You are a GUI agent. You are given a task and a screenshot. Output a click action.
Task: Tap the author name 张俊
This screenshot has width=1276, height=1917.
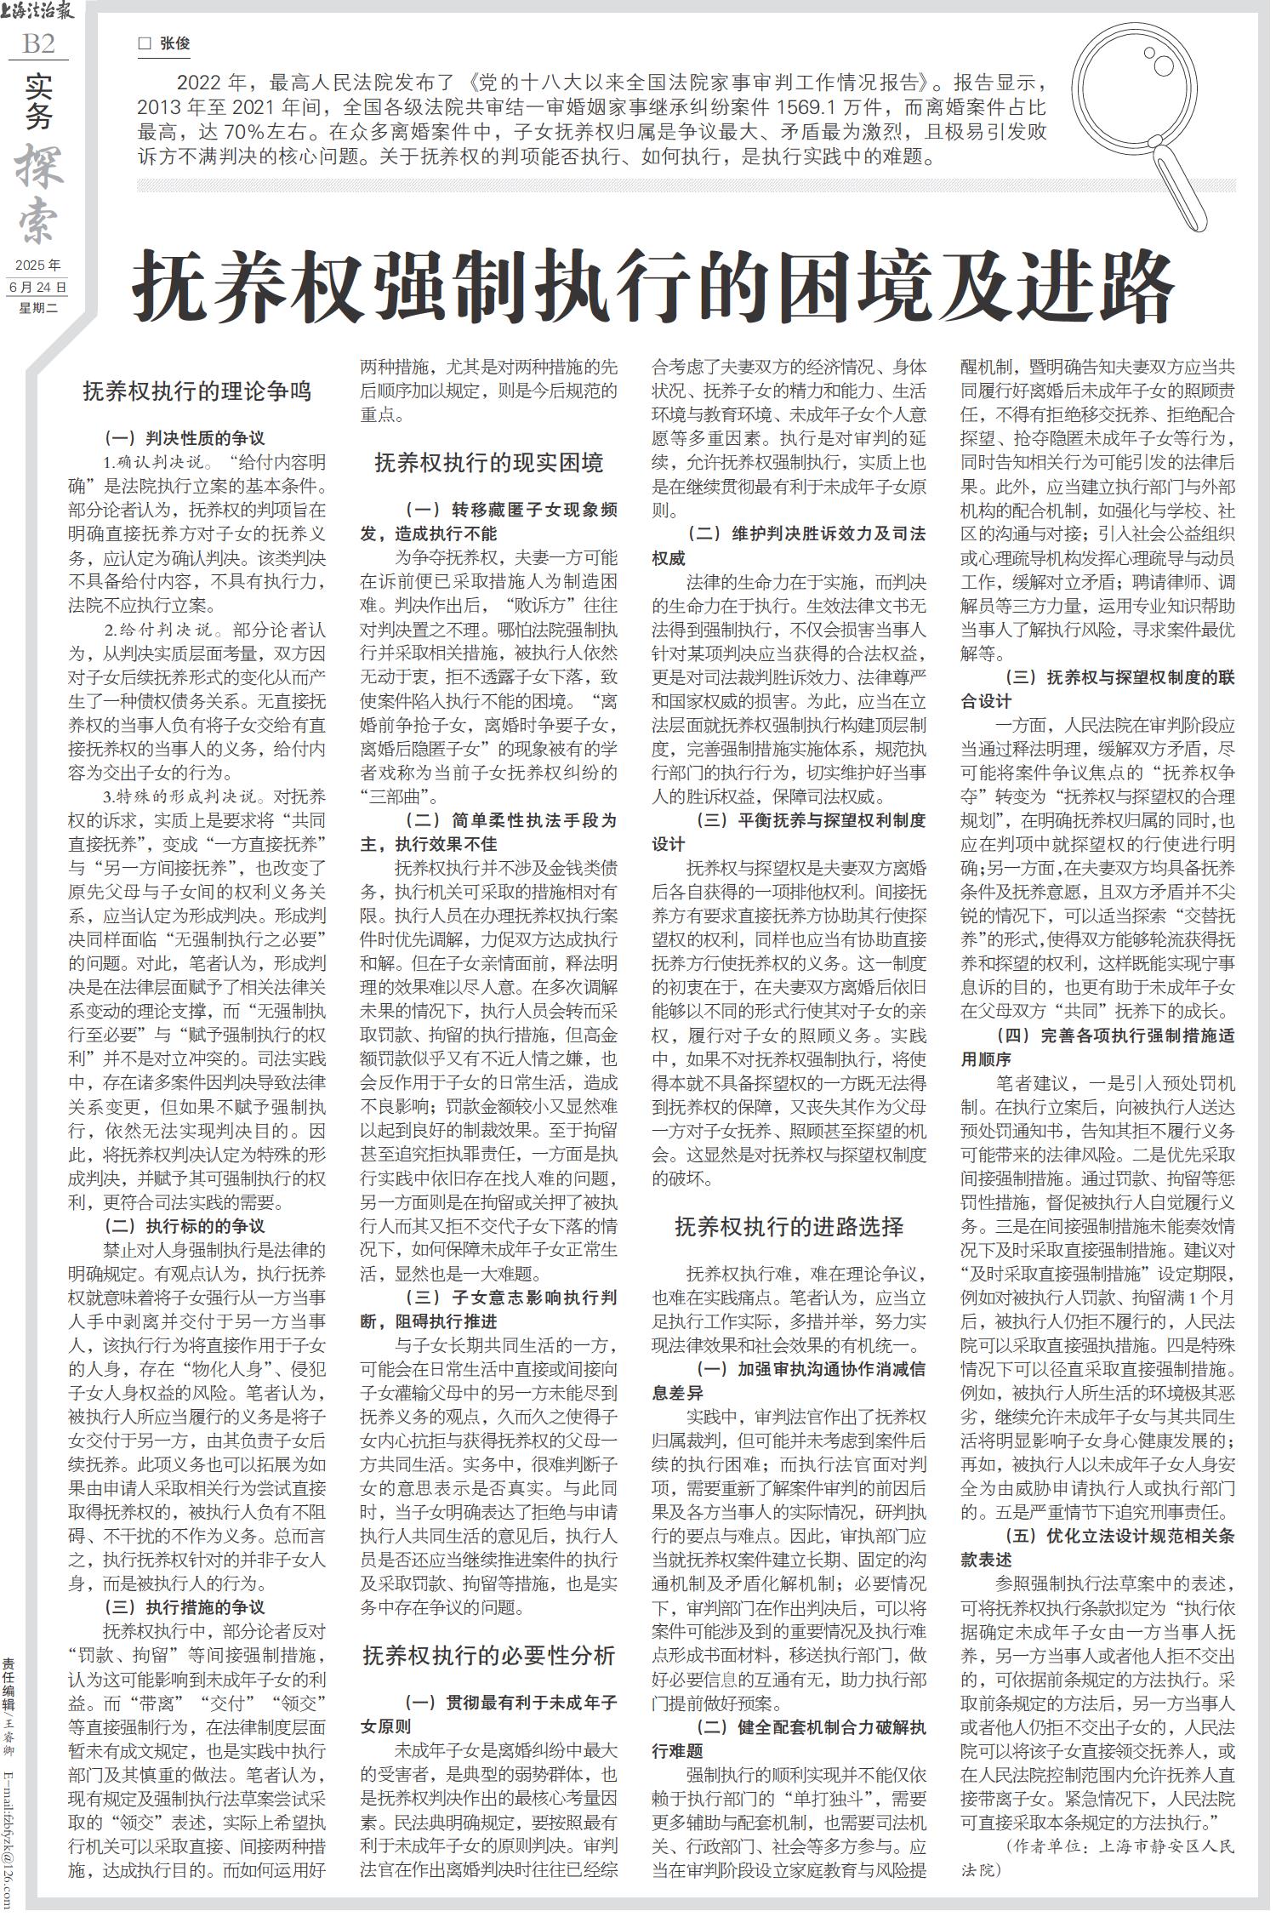click(x=175, y=43)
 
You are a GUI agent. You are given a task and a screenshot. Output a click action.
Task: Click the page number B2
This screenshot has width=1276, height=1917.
click(x=38, y=44)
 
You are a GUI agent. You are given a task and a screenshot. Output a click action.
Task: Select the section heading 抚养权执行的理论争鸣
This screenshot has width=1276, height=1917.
click(x=197, y=391)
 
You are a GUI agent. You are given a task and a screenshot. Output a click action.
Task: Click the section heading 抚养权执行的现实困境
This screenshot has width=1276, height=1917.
click(x=489, y=463)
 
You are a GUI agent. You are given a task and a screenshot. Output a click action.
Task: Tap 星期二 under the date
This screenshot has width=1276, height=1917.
click(x=37, y=308)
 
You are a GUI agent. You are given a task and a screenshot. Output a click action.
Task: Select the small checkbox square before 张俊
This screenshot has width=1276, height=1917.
click(x=145, y=43)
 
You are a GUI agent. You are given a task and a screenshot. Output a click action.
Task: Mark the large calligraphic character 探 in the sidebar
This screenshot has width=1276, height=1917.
click(x=39, y=166)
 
